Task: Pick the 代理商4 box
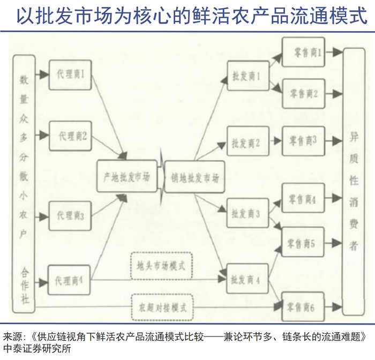point(70,280)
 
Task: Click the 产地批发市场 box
point(127,176)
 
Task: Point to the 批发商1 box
point(246,78)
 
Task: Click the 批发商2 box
point(246,143)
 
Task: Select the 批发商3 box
point(246,214)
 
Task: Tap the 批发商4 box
point(246,280)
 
